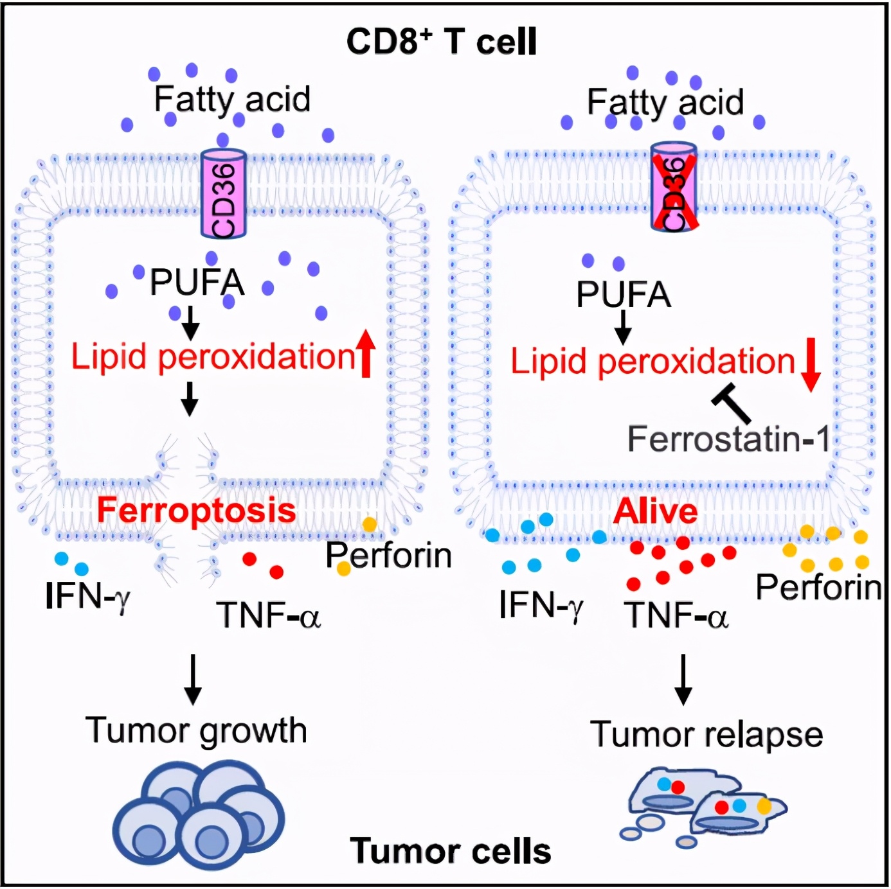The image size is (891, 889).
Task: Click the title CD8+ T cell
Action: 441,42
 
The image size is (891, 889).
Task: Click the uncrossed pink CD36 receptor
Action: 224,194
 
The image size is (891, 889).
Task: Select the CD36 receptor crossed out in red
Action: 674,188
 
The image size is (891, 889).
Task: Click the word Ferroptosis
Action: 196,511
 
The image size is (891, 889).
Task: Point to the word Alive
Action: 655,512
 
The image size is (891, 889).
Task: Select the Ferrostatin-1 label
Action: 728,440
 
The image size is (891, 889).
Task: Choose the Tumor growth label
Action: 196,731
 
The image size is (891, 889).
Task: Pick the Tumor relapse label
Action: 706,734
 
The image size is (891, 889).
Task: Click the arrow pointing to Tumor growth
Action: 192,680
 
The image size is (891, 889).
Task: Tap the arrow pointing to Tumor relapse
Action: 683,680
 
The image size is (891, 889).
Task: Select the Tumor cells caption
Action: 451,851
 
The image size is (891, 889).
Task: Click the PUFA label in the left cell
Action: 197,283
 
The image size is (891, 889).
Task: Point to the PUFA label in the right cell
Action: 623,295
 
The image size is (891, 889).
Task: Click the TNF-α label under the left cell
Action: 268,615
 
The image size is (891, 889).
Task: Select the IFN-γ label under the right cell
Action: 541,606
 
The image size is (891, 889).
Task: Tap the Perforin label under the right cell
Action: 818,587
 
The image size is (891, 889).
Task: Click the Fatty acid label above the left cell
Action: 232,100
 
